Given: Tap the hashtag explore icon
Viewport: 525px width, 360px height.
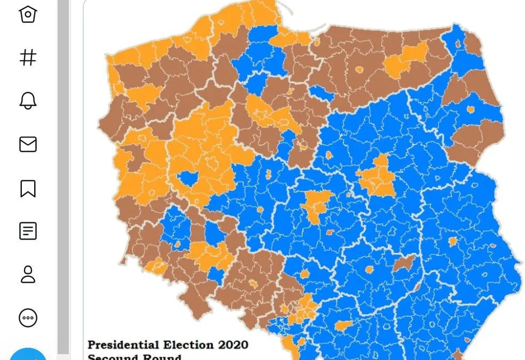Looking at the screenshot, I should click(28, 57).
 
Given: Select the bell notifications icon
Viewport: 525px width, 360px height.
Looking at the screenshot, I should click(28, 100).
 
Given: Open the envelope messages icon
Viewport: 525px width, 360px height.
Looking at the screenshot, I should click(28, 144).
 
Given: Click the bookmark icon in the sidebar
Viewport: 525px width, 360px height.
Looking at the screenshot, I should click(28, 188).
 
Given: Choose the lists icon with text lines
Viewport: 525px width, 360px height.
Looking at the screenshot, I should click(28, 231).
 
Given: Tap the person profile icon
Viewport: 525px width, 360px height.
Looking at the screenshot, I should click(28, 275).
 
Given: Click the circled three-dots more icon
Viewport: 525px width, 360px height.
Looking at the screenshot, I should click(28, 318).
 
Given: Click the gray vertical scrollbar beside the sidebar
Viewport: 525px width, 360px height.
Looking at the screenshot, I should click(63, 176).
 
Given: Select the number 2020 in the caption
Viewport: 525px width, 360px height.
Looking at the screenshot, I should click(233, 345).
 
